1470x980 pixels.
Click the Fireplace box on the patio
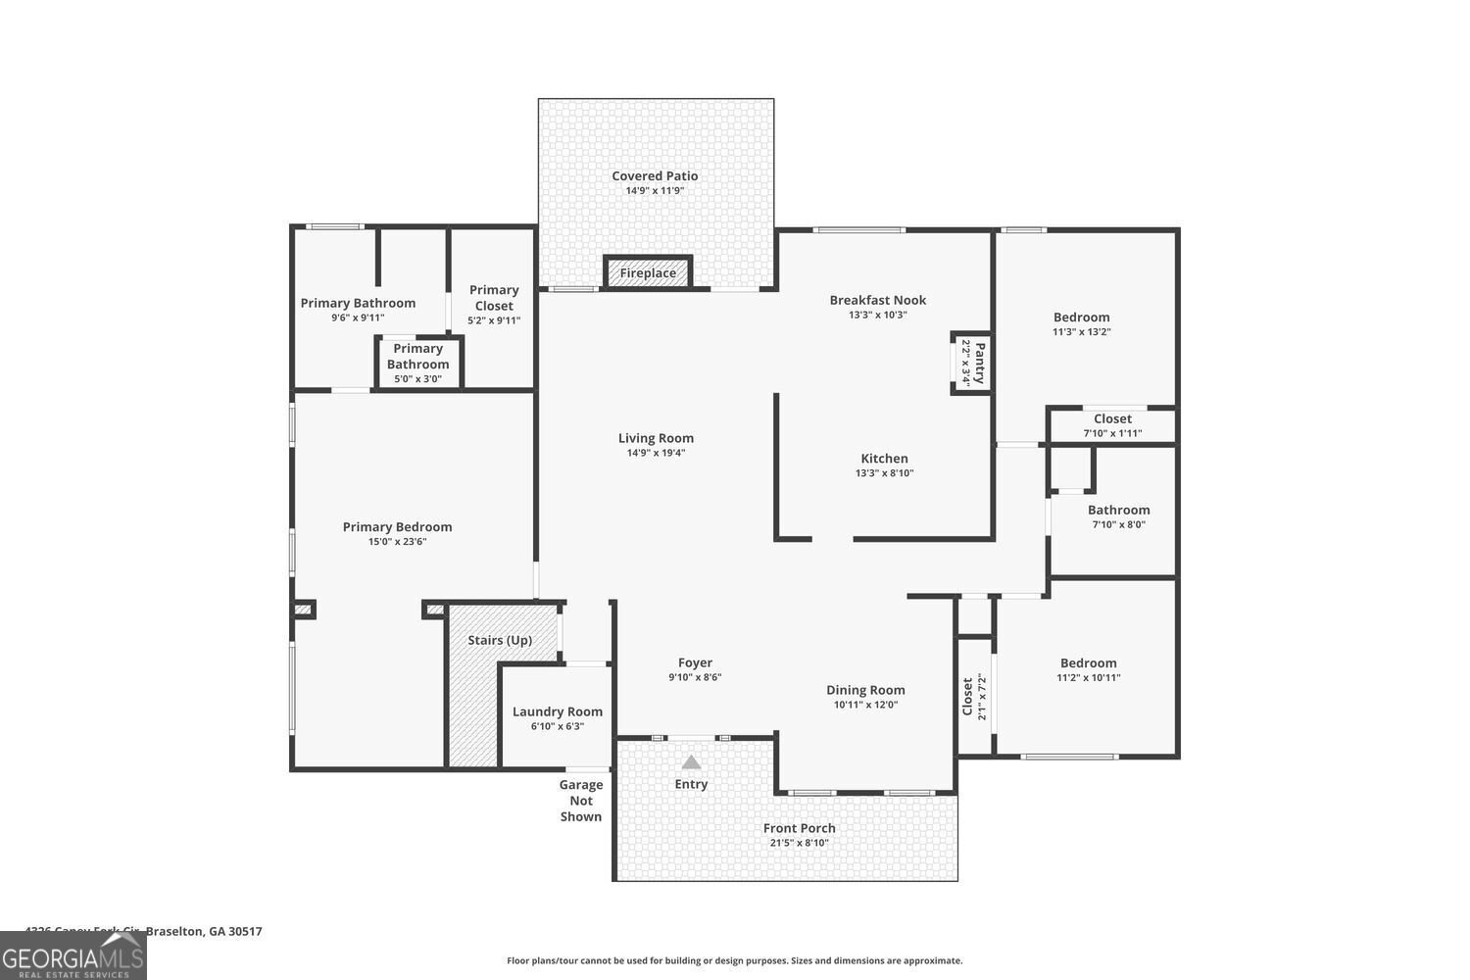coord(648,272)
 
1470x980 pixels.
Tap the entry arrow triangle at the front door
coord(692,761)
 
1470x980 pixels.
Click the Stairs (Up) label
coord(500,640)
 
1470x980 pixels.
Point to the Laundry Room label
coord(558,711)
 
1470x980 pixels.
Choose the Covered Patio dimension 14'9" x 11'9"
coord(655,191)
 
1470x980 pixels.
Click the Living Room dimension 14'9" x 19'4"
coord(656,453)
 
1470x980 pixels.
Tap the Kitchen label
coord(884,458)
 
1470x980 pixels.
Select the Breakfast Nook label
coord(877,300)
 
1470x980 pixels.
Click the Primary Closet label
coord(494,297)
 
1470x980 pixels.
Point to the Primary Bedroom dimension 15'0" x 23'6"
coord(397,542)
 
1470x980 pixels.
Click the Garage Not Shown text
coord(581,801)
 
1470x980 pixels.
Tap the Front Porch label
coord(800,828)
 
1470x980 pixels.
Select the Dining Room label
coord(865,690)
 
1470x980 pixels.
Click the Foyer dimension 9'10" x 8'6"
coord(695,677)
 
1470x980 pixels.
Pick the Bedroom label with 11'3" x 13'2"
coord(1082,317)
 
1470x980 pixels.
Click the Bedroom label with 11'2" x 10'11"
coord(1088,662)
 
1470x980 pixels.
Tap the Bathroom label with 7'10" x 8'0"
coord(1118,510)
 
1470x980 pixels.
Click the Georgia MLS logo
coord(73,955)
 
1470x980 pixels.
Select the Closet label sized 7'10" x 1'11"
coord(1112,418)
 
